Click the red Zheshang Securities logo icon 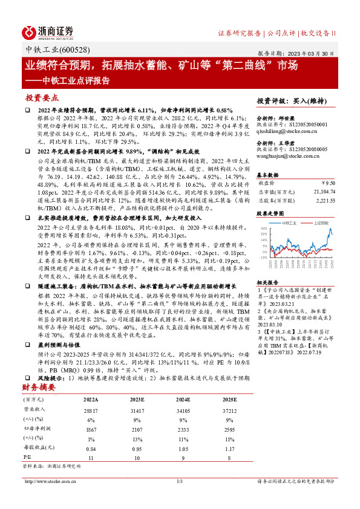coord(31,31)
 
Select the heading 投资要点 coord(42,97)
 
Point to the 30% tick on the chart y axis coord(264,229)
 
